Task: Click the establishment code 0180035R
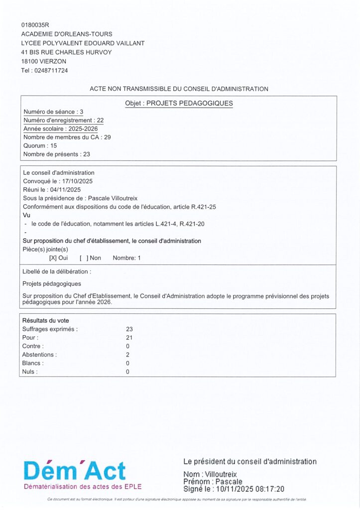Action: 35,24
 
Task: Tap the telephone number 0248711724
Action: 51,70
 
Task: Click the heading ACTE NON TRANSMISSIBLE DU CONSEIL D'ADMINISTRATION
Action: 179,89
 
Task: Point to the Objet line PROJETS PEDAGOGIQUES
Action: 179,104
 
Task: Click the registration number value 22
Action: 100,121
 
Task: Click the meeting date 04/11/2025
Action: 64,190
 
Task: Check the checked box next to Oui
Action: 53,258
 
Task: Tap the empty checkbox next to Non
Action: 84,258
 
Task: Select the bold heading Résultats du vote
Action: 46,321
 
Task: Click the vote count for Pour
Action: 129,338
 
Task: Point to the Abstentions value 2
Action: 128,355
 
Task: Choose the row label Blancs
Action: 32,363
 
